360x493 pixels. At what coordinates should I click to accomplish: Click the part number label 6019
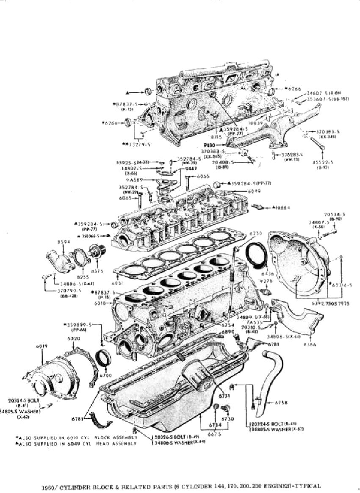(41, 346)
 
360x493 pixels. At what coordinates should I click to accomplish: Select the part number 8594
(63, 242)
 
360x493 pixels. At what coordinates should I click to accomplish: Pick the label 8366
(315, 346)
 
